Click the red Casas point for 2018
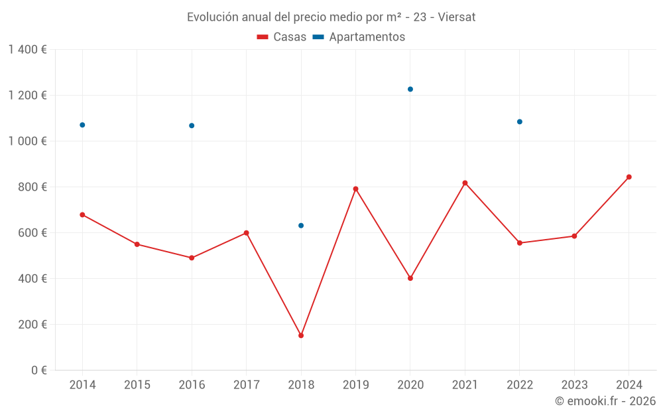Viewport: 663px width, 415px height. click(x=301, y=335)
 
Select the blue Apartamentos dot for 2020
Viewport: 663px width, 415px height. click(x=410, y=89)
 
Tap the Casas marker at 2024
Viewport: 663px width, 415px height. click(x=629, y=177)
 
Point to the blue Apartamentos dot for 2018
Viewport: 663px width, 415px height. click(x=301, y=226)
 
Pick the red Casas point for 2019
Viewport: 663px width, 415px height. click(x=356, y=189)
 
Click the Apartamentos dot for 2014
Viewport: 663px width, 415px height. click(x=82, y=125)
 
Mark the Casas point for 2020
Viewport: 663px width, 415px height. click(x=410, y=278)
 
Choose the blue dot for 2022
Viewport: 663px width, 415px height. click(x=520, y=122)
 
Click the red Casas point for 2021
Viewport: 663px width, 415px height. click(x=465, y=183)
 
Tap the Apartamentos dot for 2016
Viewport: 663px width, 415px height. click(x=192, y=125)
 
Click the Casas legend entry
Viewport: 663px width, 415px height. click(x=282, y=37)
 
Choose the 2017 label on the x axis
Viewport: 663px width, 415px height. click(x=246, y=385)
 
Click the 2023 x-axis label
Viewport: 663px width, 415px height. click(x=574, y=385)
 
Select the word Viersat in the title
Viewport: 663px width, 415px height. click(x=457, y=17)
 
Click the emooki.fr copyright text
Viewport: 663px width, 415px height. click(x=605, y=401)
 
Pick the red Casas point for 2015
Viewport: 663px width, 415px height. click(x=137, y=244)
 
